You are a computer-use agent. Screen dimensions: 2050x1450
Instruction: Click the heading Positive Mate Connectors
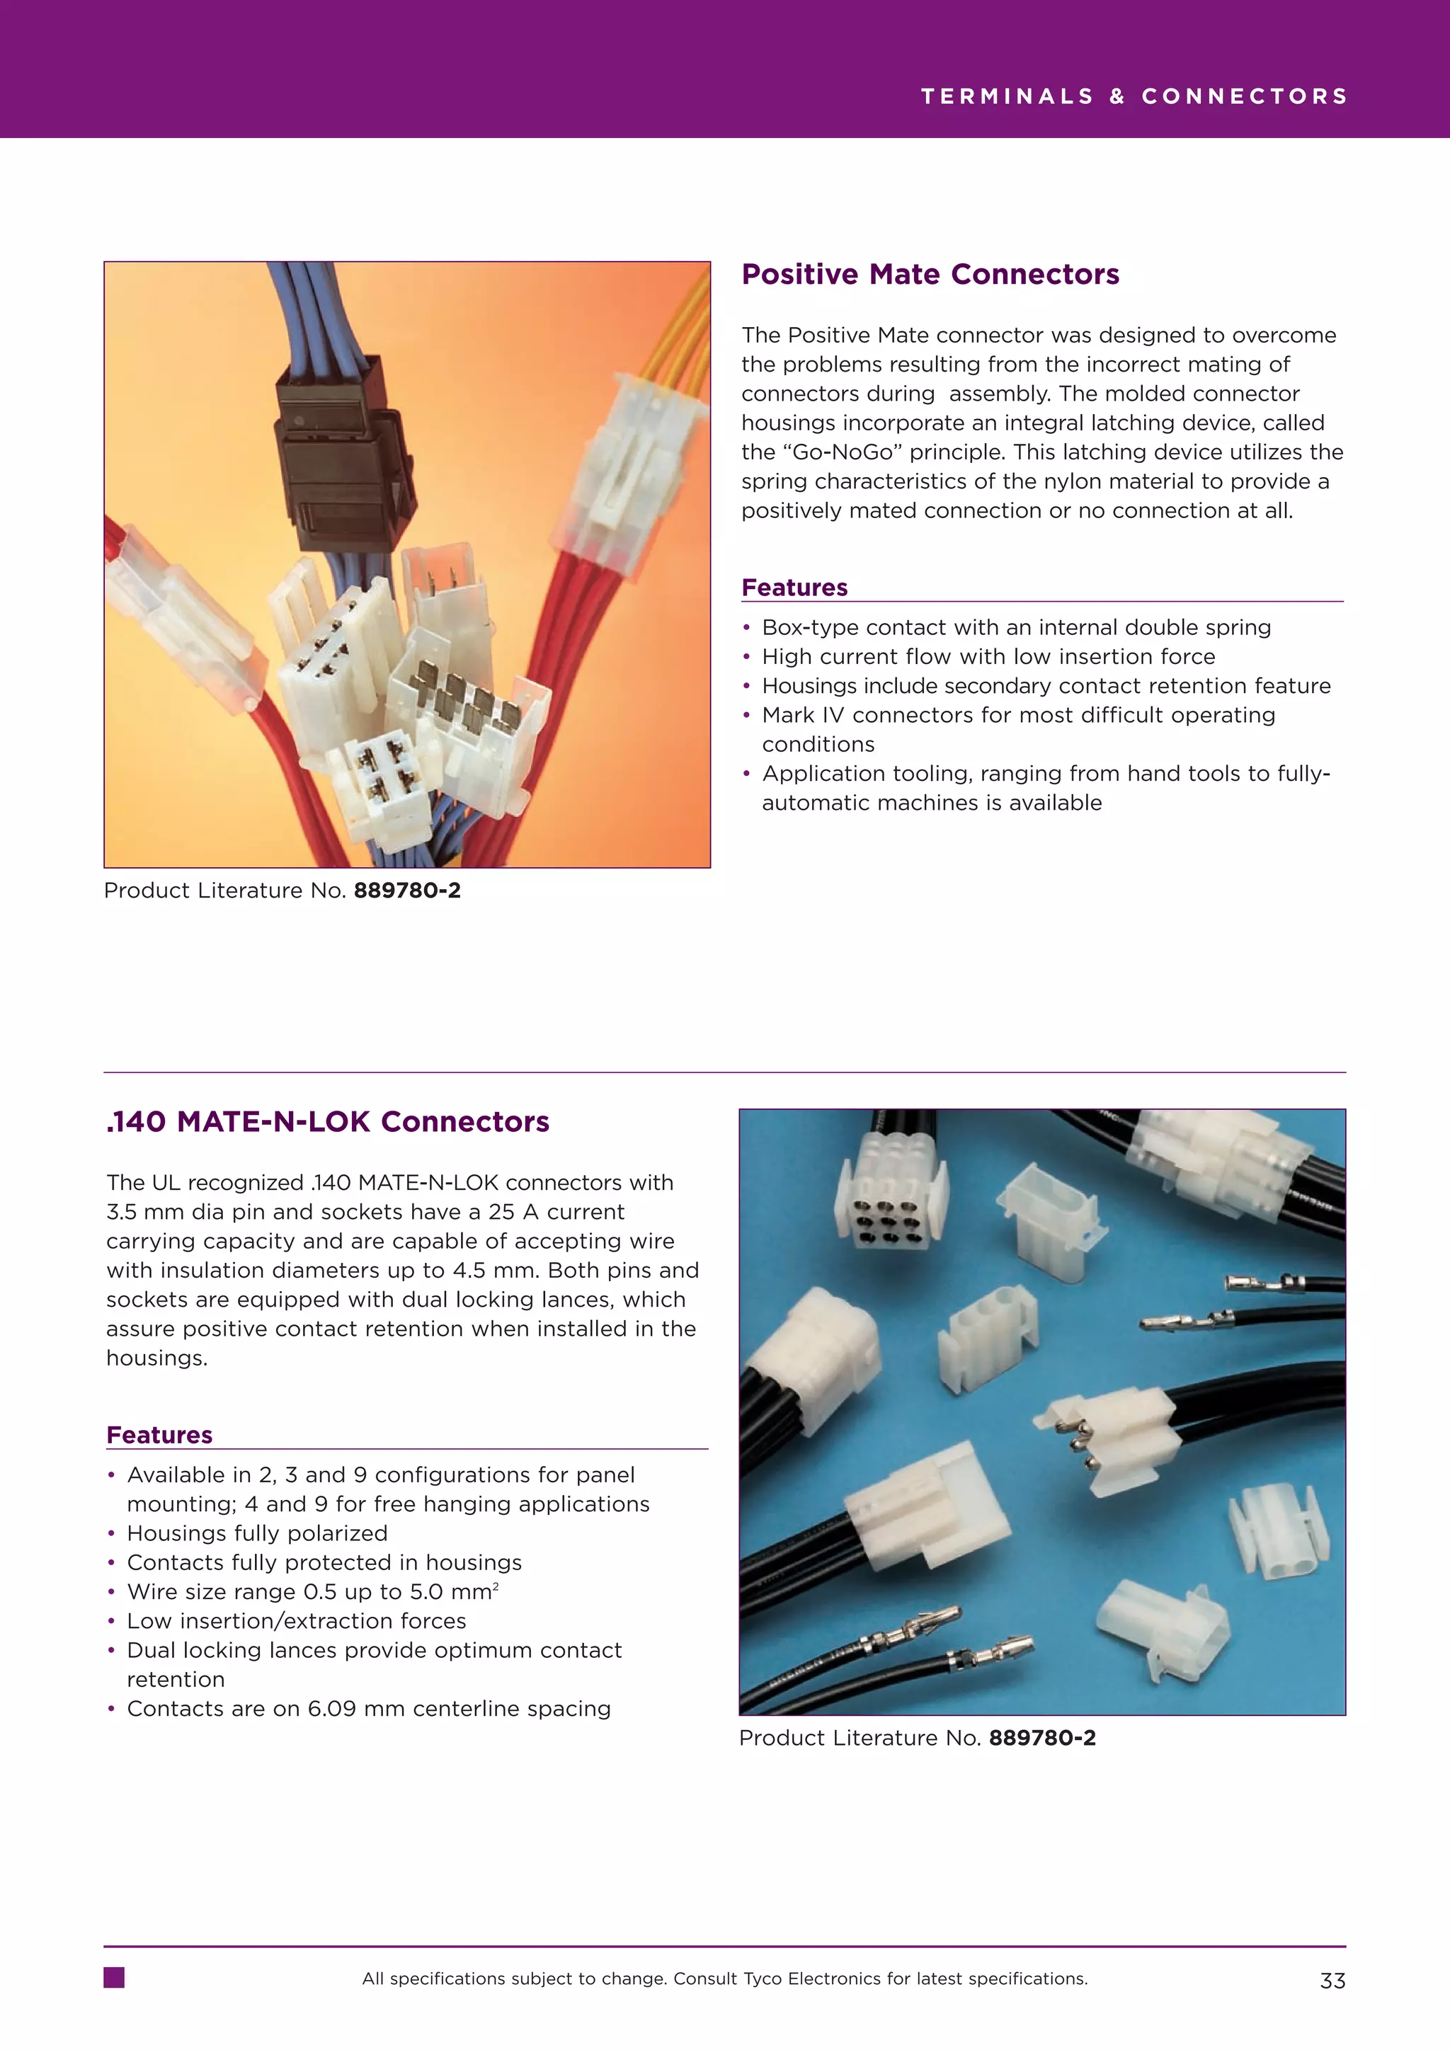930,274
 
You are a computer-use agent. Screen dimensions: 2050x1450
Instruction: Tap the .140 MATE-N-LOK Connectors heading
327,1121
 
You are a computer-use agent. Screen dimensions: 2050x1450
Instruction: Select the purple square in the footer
114,1978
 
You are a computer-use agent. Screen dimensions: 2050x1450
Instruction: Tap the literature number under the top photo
407,891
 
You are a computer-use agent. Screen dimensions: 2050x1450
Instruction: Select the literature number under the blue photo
1042,1738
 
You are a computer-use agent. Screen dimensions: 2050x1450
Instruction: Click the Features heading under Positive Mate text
794,588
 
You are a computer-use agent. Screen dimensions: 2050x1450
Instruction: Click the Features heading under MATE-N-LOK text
159,1435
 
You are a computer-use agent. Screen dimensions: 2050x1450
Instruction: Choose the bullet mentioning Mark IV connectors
1018,715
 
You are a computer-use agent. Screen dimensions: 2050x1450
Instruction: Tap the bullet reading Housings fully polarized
257,1533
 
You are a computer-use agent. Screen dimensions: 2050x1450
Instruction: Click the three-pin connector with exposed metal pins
1107,1433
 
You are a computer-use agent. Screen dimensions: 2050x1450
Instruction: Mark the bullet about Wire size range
312,1592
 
